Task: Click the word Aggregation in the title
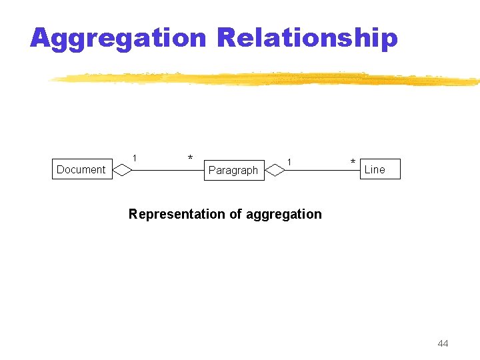pyautogui.click(x=119, y=38)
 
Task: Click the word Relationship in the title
pyautogui.click(x=307, y=38)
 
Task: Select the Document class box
pyautogui.click(x=81, y=169)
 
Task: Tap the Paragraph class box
pyautogui.click(x=233, y=170)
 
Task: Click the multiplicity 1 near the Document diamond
pyautogui.click(x=135, y=158)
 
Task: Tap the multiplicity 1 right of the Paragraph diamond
pyautogui.click(x=289, y=161)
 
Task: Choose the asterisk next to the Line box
pyautogui.click(x=353, y=163)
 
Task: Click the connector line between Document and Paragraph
pyautogui.click(x=167, y=171)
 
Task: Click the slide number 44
pyautogui.click(x=443, y=343)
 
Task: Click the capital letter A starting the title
pyautogui.click(x=41, y=38)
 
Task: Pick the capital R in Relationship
pyautogui.click(x=228, y=38)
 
